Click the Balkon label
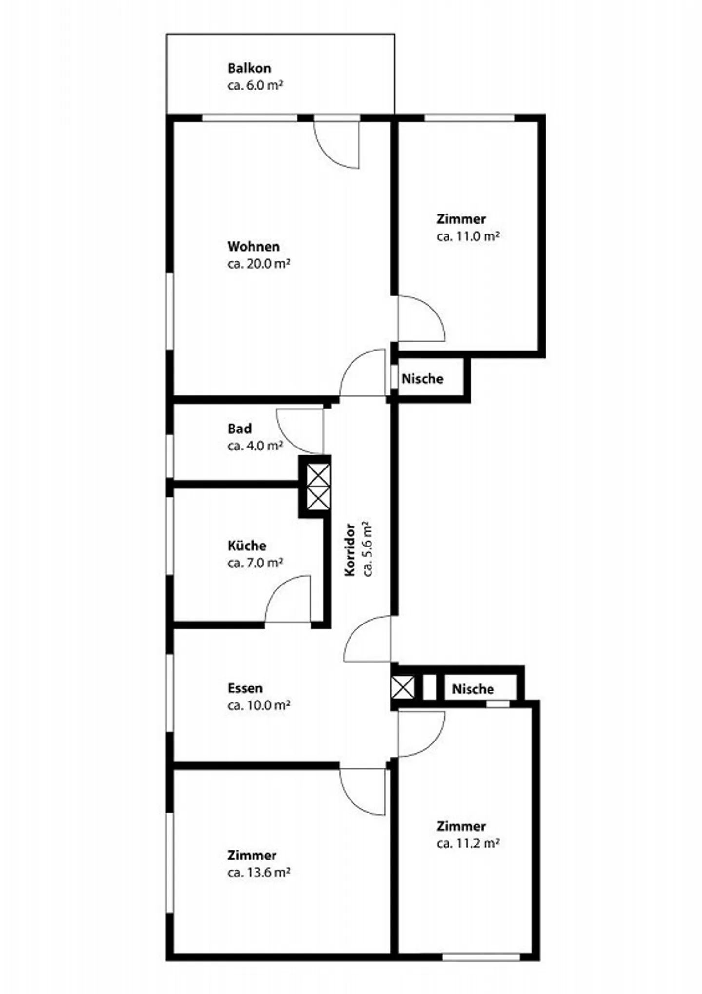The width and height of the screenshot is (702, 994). [249, 68]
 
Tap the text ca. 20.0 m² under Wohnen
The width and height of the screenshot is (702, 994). [258, 264]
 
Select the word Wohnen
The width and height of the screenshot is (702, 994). [253, 246]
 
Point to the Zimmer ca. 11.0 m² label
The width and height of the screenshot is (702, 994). [467, 227]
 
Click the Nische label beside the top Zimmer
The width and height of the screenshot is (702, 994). [422, 379]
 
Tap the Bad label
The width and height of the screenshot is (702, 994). [239, 429]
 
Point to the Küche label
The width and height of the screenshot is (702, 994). [247, 546]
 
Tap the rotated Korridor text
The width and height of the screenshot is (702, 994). [350, 550]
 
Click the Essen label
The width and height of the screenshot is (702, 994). [245, 688]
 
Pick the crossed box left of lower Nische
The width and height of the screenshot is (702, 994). [402, 687]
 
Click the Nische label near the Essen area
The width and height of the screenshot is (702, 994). [472, 689]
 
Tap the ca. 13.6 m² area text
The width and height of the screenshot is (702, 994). [258, 872]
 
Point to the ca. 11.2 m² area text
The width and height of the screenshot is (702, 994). [468, 843]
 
